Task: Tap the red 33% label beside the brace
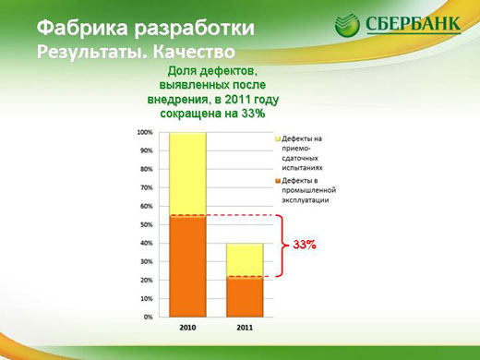click(305, 246)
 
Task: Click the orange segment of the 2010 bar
click(186, 268)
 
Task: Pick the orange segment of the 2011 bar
click(246, 297)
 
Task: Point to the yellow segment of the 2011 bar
click(246, 259)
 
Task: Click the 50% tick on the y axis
click(145, 225)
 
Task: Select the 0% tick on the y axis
click(147, 318)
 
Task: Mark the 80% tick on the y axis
click(145, 170)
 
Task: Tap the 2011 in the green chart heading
click(234, 99)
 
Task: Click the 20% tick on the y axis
click(145, 281)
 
